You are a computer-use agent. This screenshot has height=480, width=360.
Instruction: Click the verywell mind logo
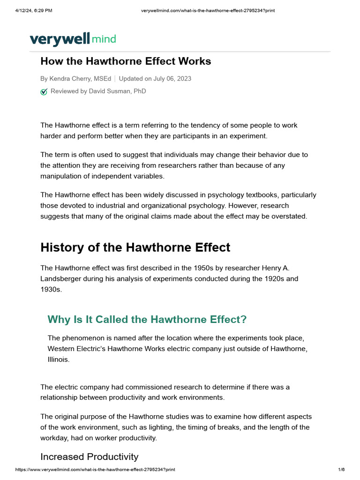(x=73, y=39)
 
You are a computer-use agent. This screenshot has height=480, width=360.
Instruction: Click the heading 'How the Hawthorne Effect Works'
(x=126, y=61)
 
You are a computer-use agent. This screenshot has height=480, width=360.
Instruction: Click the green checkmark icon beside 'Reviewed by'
(x=44, y=92)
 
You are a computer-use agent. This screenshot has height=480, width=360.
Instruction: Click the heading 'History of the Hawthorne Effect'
(x=135, y=247)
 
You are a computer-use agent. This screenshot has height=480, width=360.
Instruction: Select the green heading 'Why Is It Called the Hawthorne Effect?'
(x=147, y=320)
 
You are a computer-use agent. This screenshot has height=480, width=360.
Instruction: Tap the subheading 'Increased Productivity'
(x=89, y=457)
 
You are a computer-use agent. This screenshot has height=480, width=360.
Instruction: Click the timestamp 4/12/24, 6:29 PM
(x=34, y=11)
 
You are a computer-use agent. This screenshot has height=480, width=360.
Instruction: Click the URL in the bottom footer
(x=95, y=469)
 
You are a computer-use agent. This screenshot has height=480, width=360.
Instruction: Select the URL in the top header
(x=208, y=11)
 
